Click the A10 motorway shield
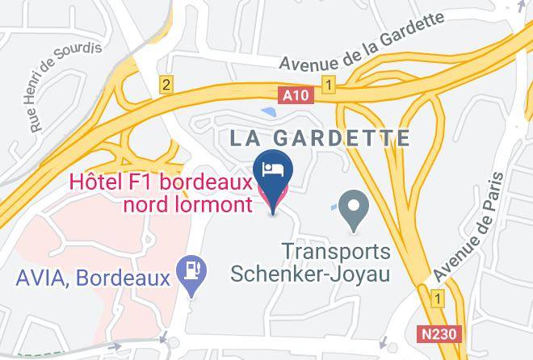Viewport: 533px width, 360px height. [x=295, y=95]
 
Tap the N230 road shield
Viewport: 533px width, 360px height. [x=437, y=332]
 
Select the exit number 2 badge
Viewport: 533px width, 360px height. [x=166, y=85]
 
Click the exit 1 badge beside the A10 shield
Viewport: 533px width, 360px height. [x=328, y=84]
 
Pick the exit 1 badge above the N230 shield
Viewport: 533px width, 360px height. [x=438, y=299]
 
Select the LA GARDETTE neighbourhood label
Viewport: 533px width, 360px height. [x=320, y=138]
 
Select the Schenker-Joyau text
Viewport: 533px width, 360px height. [x=311, y=274]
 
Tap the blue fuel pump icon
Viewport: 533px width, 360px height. [x=193, y=270]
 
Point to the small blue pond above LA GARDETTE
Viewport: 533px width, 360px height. [x=267, y=111]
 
